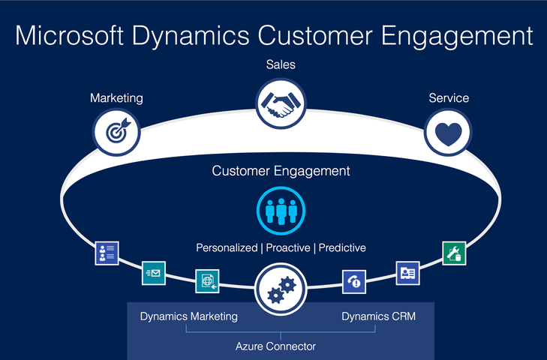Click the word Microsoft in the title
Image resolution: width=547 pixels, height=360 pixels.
(74, 35)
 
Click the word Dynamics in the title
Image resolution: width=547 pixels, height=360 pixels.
(199, 35)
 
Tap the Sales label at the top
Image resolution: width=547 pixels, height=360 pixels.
(281, 64)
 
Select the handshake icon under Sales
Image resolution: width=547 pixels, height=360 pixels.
(281, 103)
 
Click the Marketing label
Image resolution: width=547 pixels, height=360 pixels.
(116, 97)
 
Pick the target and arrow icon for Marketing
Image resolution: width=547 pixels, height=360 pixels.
(116, 132)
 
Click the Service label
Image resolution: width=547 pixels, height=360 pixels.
(449, 97)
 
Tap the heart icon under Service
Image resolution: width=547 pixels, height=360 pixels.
(448, 133)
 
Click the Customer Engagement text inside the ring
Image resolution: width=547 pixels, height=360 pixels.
(281, 171)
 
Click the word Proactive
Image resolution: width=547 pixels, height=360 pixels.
(289, 247)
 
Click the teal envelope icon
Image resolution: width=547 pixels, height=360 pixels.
(154, 273)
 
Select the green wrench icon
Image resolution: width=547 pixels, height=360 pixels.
(454, 253)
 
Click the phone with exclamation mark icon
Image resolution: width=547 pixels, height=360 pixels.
(354, 280)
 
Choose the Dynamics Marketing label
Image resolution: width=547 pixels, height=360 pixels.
(188, 316)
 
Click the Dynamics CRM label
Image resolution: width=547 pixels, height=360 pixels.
(378, 316)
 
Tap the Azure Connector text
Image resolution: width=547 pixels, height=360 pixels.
(275, 346)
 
